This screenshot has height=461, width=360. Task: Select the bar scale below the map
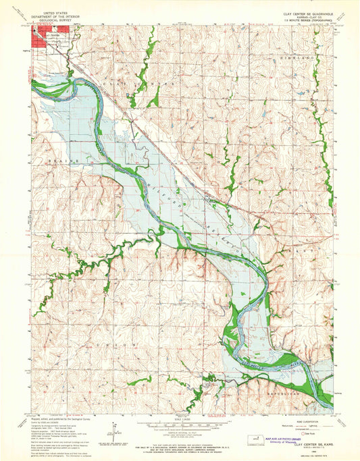click(180, 427)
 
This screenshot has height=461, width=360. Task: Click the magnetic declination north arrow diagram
click(114, 429)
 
